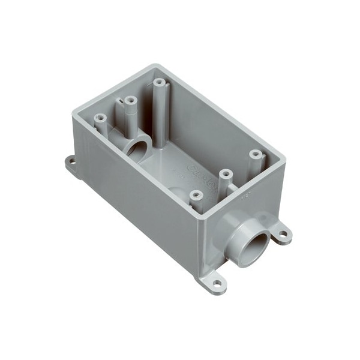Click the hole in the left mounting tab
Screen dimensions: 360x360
tap(71, 161)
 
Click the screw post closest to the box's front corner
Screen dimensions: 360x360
tap(195, 195)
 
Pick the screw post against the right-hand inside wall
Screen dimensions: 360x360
tap(256, 155)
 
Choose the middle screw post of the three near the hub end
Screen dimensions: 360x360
tap(226, 175)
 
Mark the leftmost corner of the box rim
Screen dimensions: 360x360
tap(74, 112)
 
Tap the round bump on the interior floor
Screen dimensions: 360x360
tap(179, 193)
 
